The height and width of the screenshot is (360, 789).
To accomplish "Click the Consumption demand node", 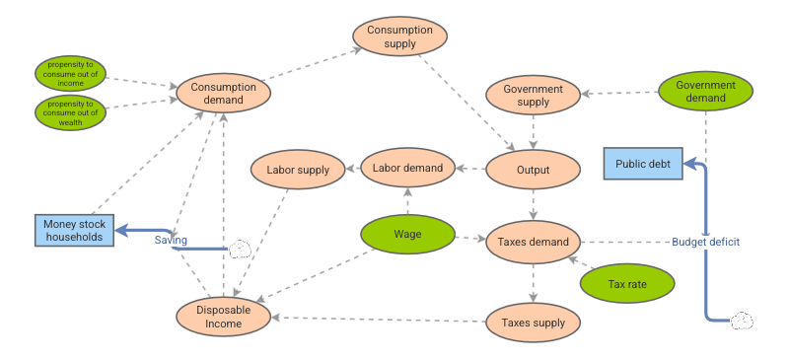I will pos(224,93).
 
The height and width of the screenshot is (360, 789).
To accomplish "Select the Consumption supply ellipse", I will pos(400,36).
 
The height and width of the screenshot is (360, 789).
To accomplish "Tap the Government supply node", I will pos(534,96).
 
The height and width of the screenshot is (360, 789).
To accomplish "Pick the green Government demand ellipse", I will pos(705,92).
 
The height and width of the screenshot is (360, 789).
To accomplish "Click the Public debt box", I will pos(643,164).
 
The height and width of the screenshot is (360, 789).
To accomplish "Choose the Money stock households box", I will pos(74,230).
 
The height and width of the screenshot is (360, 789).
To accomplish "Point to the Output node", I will pos(534,169).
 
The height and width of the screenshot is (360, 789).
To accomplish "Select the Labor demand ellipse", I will pos(407,169).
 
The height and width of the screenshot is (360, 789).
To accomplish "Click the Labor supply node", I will pos(298,170).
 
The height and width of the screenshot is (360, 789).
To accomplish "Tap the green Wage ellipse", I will pos(407,235).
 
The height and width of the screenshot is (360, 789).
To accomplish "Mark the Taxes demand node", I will pos(534,242).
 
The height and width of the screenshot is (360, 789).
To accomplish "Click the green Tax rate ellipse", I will pos(627,284).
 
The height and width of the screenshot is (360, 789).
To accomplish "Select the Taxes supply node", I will pos(534,323).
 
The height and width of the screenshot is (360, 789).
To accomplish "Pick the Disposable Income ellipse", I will pos(224,317).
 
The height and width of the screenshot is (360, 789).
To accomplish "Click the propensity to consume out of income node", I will pos(69,74).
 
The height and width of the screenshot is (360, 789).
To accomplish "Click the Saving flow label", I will pos(171,240).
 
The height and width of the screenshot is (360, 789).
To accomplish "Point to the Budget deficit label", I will pos(705,242).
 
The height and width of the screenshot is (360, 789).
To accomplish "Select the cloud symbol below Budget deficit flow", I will pos(743,321).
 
